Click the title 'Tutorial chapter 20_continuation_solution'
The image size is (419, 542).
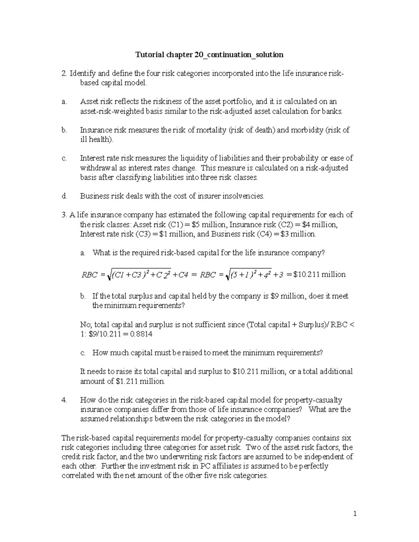pyautogui.click(x=209, y=55)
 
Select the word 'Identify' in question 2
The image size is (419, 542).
pyautogui.click(x=82, y=73)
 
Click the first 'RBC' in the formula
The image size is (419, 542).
pyautogui.click(x=89, y=275)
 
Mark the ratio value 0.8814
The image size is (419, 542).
pyautogui.click(x=141, y=334)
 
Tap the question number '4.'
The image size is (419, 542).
pyautogui.click(x=64, y=400)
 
